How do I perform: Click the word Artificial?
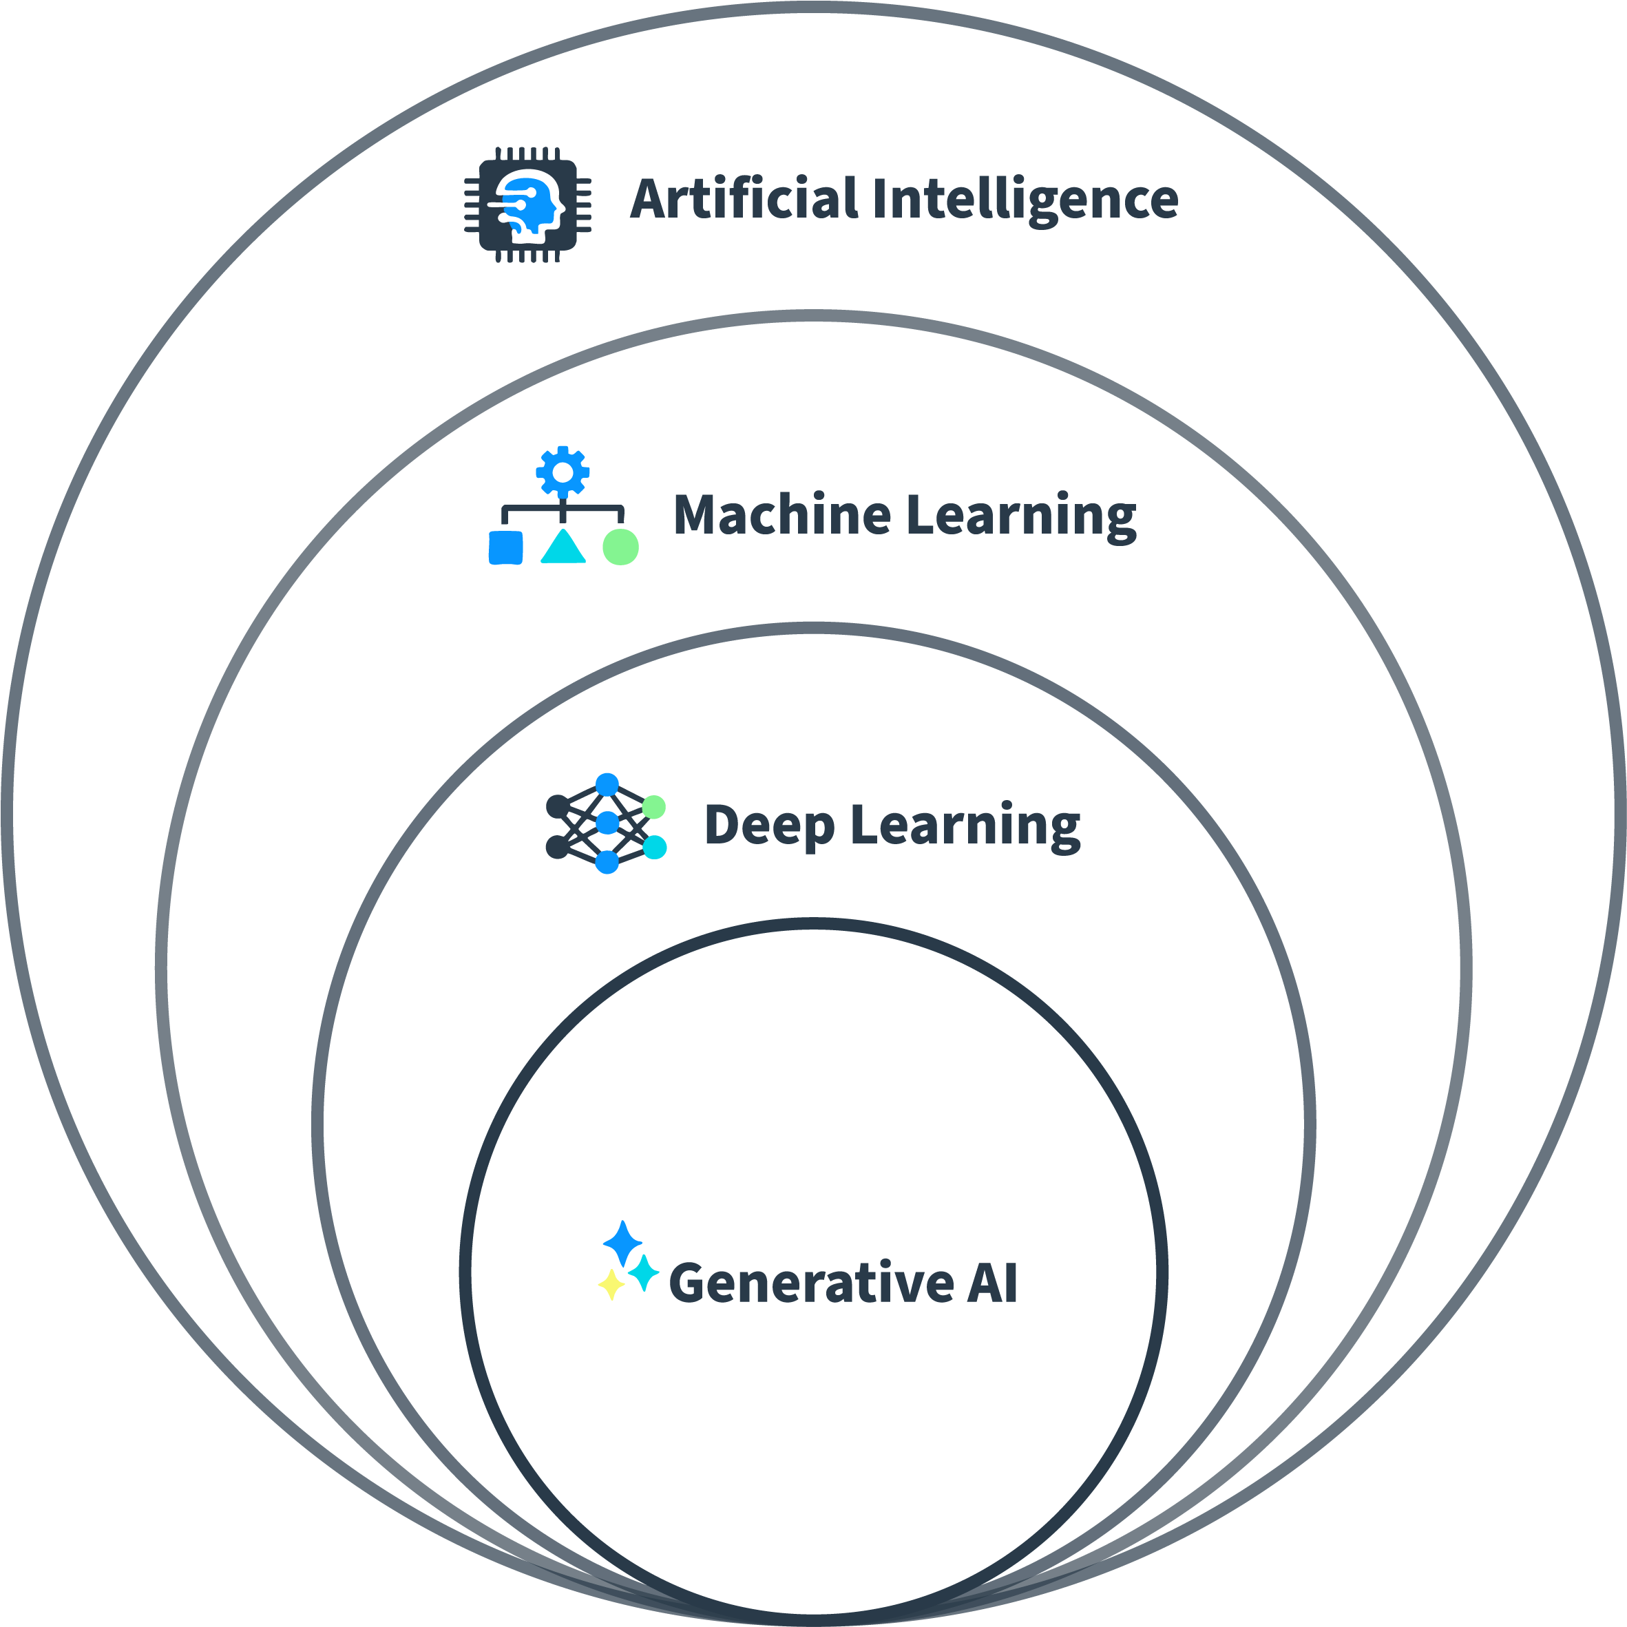744,200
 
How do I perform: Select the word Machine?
781,516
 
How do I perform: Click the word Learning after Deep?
965,826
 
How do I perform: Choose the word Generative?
811,1283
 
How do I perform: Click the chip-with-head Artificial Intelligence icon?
528,204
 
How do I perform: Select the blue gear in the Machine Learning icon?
563,472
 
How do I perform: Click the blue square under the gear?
505,547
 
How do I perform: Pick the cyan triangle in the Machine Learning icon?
563,547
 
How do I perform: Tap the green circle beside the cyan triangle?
620,547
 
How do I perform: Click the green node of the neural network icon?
653,808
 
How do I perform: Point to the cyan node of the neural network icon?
654,847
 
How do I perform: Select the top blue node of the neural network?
607,785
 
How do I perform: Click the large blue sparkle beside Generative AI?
623,1242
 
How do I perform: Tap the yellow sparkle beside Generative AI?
611,1284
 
